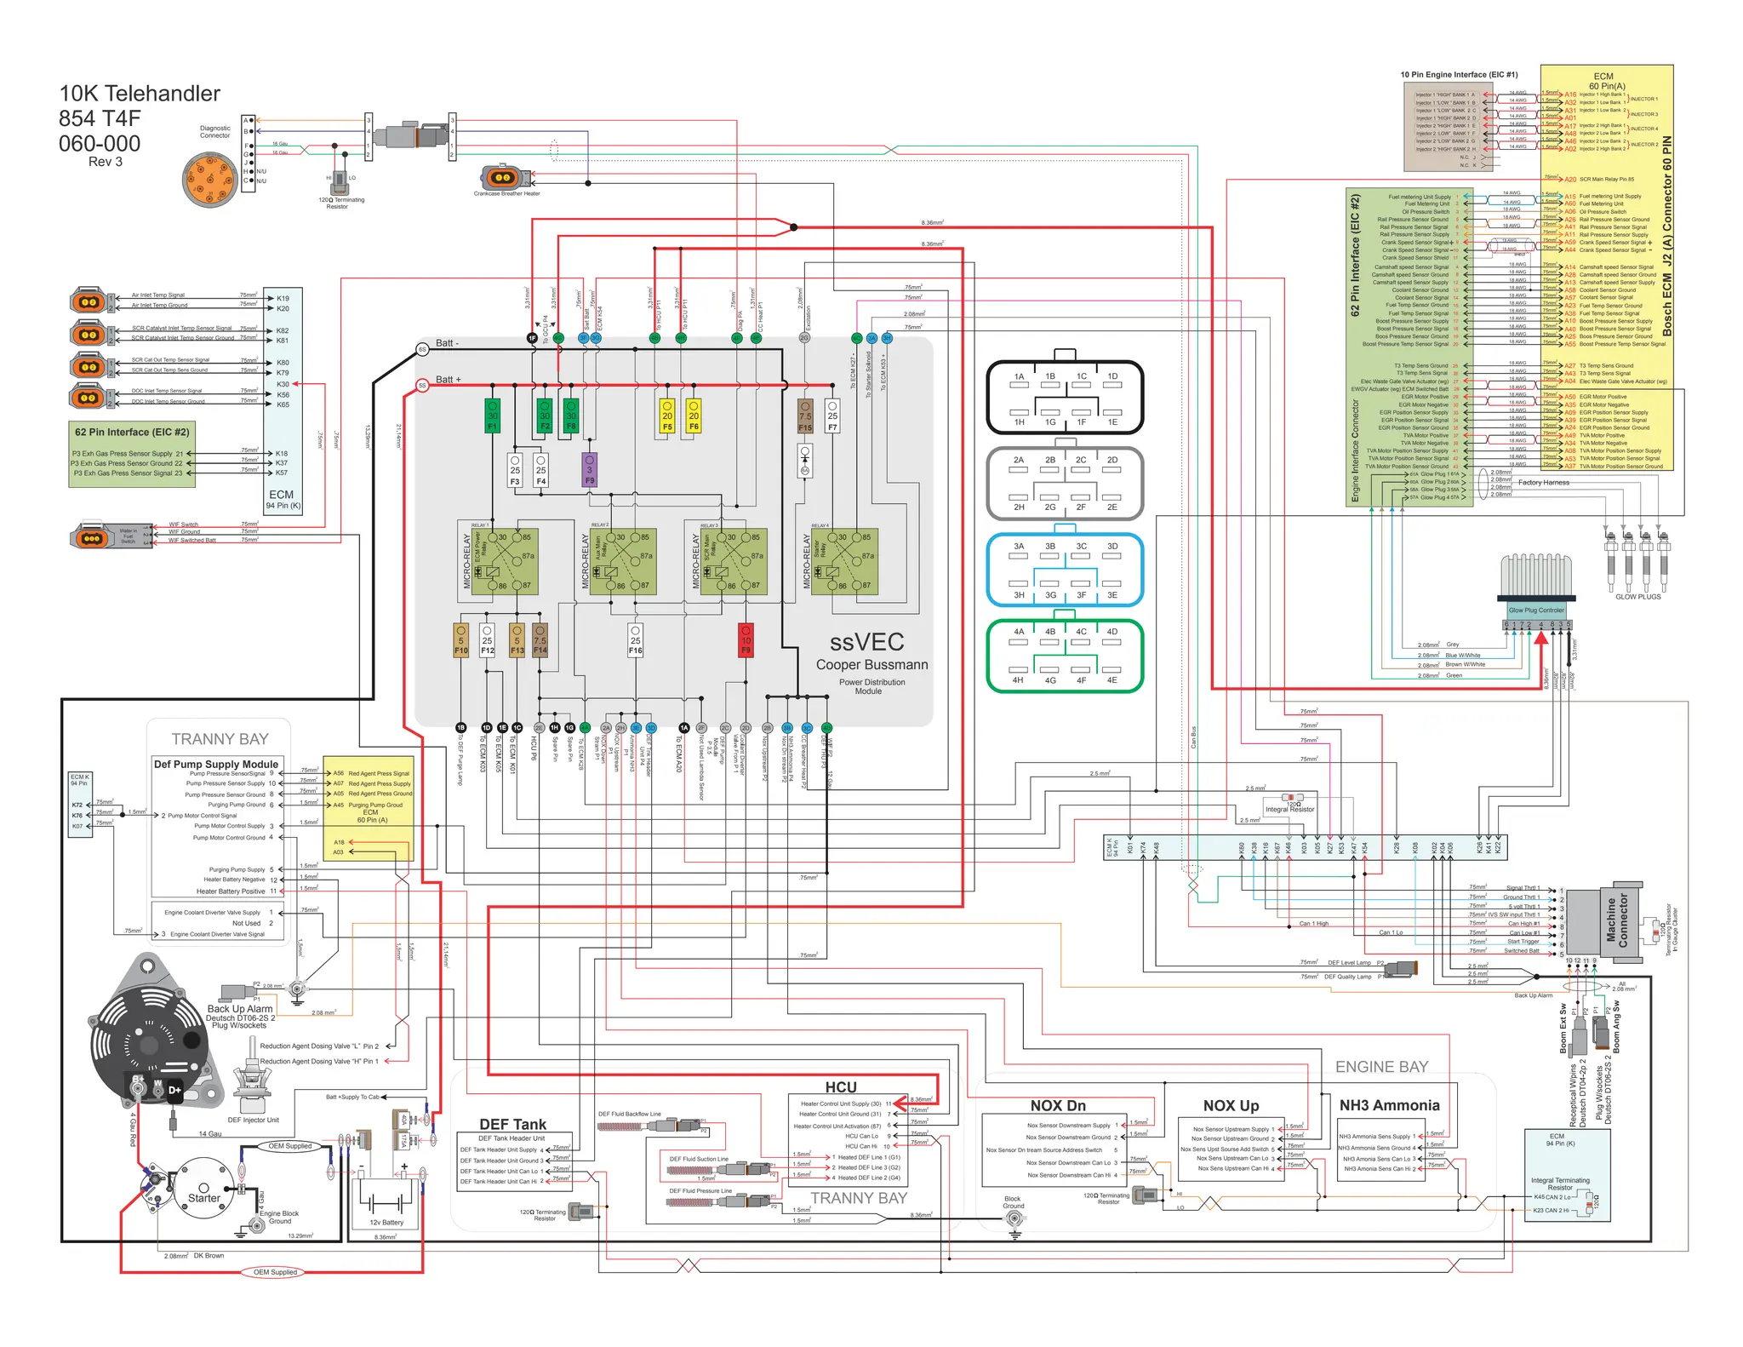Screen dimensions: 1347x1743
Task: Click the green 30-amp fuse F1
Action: [492, 416]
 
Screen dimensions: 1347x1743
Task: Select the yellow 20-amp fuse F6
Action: [694, 416]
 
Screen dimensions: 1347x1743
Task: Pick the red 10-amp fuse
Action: [746, 640]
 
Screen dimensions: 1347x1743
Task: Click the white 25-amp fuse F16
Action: [635, 640]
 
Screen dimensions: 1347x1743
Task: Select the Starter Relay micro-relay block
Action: [845, 561]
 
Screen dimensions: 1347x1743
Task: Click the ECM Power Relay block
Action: [505, 561]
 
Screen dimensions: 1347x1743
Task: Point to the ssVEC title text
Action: [866, 642]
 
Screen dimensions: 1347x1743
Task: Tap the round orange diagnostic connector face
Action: [209, 180]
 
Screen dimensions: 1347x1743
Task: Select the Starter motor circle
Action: [203, 1191]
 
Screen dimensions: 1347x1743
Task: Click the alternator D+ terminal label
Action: [174, 1090]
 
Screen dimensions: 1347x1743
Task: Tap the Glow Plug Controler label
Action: [1536, 610]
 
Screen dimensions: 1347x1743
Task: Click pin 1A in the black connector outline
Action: [1019, 376]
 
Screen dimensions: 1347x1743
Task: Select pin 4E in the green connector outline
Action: [1112, 680]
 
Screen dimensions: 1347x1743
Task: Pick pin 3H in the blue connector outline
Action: [1019, 595]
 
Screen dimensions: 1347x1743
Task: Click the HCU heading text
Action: [840, 1087]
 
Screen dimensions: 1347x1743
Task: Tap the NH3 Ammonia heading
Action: [1389, 1105]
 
